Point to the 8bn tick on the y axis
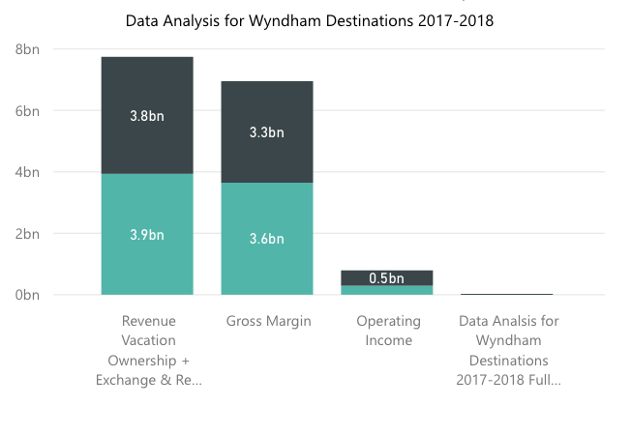pos(26,48)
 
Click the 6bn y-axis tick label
pos(26,110)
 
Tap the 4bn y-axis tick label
pos(26,172)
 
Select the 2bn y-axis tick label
pos(26,233)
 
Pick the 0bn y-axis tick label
pos(26,295)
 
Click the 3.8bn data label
pos(147,116)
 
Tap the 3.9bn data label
pos(147,234)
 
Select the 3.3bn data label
pos(267,132)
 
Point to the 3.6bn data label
pos(267,239)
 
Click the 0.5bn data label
pos(387,278)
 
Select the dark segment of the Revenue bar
pos(147,87)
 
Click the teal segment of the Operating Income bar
pos(387,290)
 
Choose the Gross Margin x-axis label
pos(268,321)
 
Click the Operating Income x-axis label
pos(388,331)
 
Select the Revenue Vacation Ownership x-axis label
pos(148,350)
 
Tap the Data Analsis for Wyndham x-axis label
pos(508,350)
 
